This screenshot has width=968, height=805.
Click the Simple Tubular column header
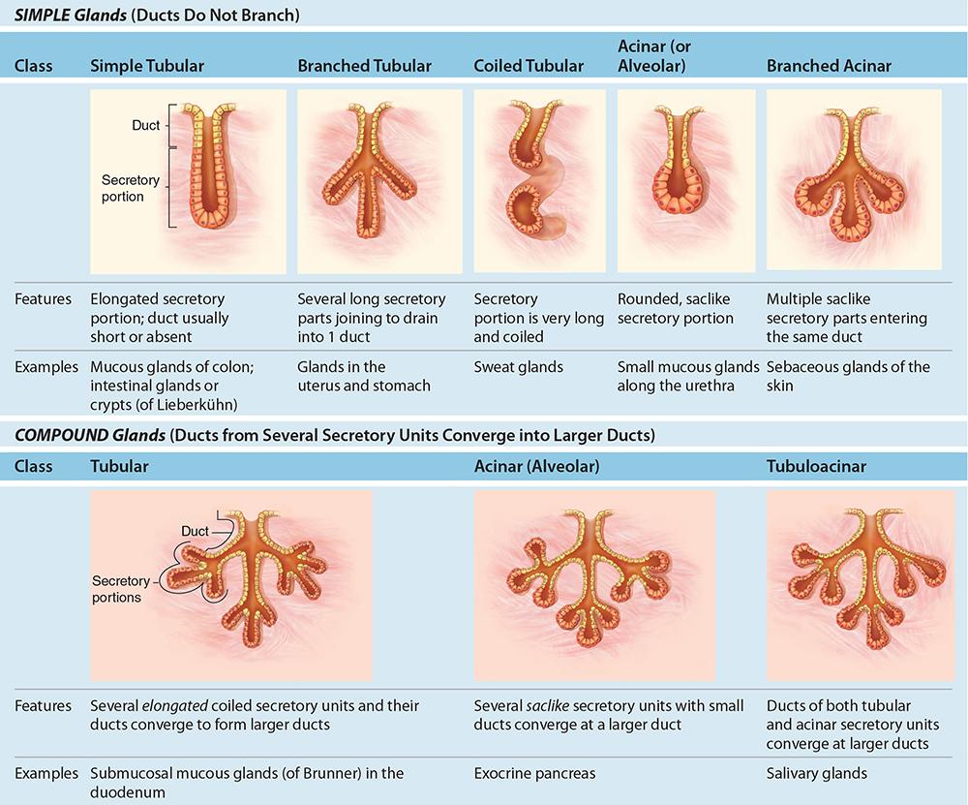click(146, 66)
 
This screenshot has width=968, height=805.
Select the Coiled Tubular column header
click(529, 66)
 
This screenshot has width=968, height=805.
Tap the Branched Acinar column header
click(829, 66)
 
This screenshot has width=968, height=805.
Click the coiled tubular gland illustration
click(540, 180)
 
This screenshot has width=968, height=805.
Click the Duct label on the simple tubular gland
click(146, 126)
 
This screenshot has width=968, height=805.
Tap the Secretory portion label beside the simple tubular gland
click(123, 188)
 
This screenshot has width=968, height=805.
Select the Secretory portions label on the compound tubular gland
click(120, 589)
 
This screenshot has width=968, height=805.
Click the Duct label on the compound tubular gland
click(196, 531)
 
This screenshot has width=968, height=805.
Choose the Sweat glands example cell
click(518, 367)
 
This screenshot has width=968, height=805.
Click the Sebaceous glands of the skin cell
click(848, 376)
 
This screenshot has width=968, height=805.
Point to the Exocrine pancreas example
click(534, 774)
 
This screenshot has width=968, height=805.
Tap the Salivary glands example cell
click(817, 774)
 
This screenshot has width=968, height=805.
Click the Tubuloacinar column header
click(816, 466)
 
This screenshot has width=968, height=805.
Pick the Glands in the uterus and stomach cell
click(364, 376)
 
